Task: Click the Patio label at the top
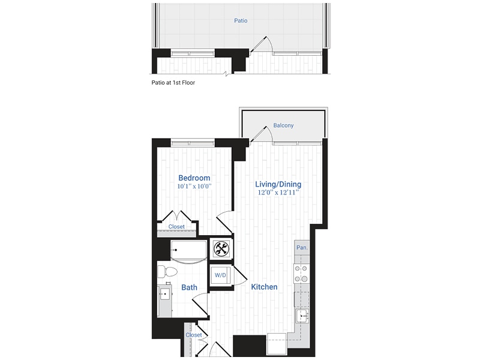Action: point(241,20)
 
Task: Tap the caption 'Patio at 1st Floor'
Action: point(173,83)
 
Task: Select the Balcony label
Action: point(283,125)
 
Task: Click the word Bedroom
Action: point(194,178)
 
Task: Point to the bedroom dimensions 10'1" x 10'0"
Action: point(194,187)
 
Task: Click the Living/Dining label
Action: point(278,184)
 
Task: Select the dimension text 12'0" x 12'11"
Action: point(278,193)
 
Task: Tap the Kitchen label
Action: point(264,287)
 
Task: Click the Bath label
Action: point(190,287)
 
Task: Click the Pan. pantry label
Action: point(302,247)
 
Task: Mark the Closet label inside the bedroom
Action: point(176,227)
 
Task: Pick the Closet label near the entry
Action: point(193,335)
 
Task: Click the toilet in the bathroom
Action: point(165,272)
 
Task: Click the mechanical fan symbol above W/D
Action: point(220,248)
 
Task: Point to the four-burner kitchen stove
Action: point(301,274)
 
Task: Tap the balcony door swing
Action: point(262,133)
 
